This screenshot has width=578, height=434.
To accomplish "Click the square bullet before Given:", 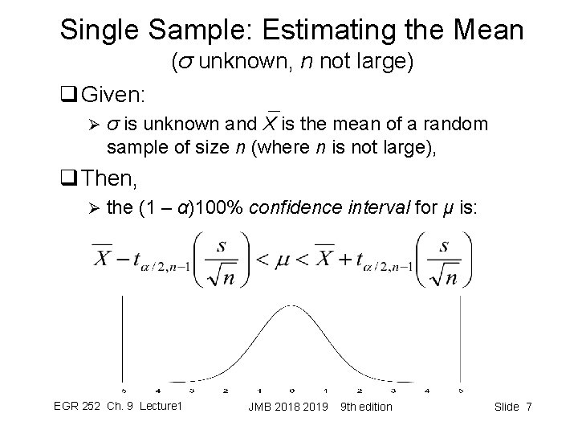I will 67,96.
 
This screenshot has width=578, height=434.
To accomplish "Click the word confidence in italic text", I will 299,208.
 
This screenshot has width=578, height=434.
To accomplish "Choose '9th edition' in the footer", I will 366,407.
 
